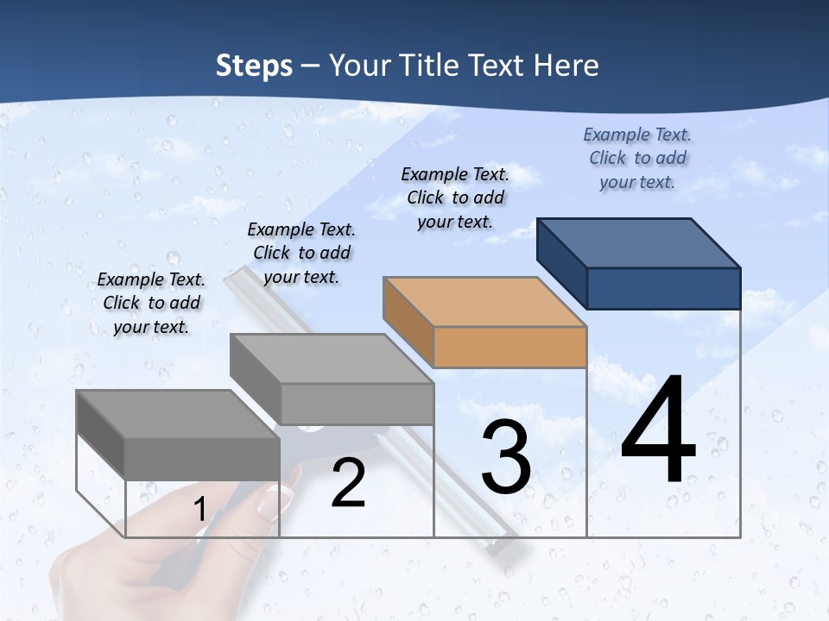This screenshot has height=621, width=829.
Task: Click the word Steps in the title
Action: click(x=254, y=66)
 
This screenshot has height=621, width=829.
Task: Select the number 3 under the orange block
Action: click(x=506, y=457)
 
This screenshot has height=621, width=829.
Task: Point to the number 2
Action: click(x=348, y=483)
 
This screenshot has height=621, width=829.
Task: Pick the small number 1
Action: click(x=199, y=509)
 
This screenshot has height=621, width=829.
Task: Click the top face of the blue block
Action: click(x=639, y=242)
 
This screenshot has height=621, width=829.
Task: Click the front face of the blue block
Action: click(x=663, y=288)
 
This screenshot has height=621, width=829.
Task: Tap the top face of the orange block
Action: click(x=485, y=302)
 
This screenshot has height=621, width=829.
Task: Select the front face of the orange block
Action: click(x=509, y=348)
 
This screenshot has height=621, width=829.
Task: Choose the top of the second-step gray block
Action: click(x=332, y=358)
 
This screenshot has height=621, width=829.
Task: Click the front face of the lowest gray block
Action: click(x=202, y=459)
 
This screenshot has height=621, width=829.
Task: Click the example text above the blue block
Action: click(x=637, y=158)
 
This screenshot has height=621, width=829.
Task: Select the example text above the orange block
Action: click(x=455, y=198)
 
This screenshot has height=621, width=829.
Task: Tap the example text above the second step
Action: click(x=301, y=253)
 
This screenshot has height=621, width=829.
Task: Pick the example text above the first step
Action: click(x=151, y=303)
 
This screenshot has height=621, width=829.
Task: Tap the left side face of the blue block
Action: click(x=561, y=262)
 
